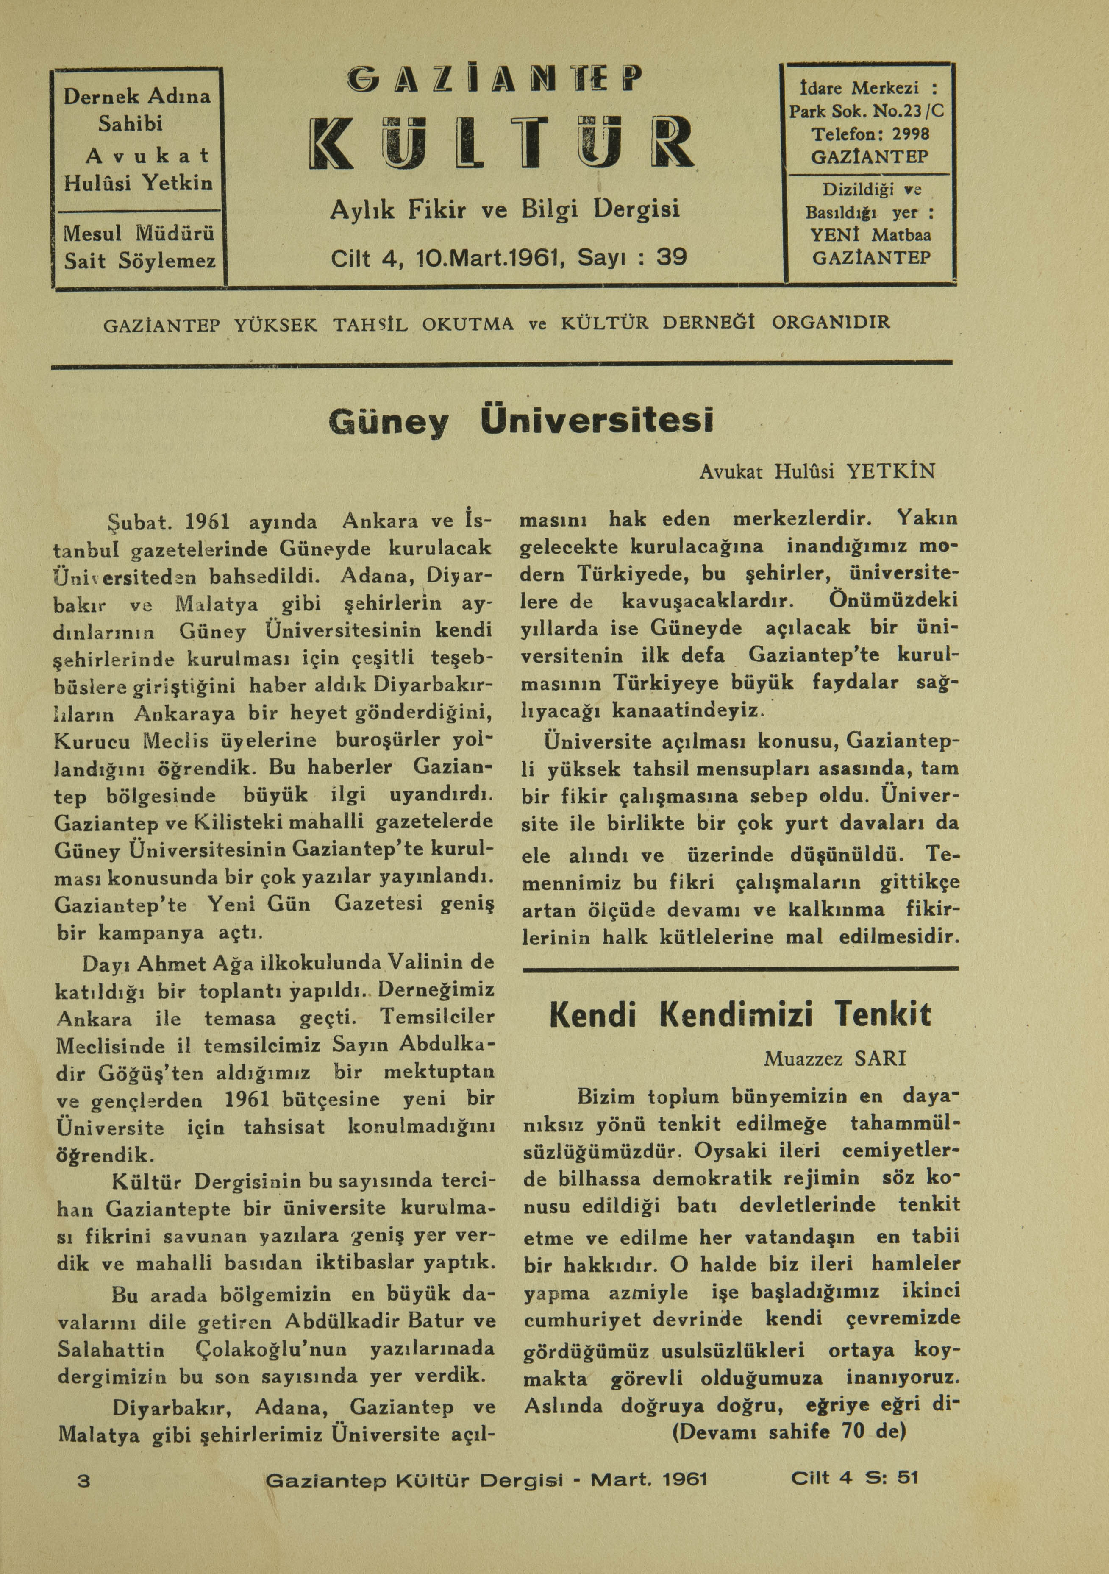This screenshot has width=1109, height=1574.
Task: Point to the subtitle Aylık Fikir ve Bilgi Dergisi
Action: (x=504, y=209)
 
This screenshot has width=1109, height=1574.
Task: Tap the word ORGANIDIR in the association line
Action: (x=831, y=322)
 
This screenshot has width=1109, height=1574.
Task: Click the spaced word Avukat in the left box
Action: (x=147, y=156)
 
